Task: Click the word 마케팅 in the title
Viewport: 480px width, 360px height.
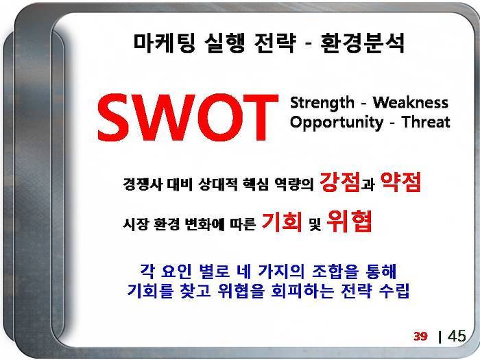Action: (x=165, y=43)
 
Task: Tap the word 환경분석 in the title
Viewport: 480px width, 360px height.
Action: (x=363, y=43)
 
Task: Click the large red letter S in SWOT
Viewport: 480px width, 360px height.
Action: (x=115, y=117)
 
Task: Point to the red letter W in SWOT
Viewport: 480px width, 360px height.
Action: (x=164, y=117)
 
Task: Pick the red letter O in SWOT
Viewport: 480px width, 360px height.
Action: (x=219, y=117)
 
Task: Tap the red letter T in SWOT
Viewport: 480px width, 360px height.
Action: (x=261, y=117)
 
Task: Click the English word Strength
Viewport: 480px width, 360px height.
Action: (x=322, y=103)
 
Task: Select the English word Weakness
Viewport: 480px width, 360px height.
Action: (x=411, y=102)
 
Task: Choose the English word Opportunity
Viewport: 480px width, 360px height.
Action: (x=337, y=123)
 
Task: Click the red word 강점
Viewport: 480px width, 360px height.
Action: (x=340, y=182)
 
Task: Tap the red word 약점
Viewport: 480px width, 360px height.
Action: (x=400, y=182)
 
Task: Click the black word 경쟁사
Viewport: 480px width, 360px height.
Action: (x=143, y=184)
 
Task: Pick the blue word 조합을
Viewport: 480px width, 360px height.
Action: (x=335, y=272)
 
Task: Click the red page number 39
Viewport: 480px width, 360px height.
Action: (x=420, y=336)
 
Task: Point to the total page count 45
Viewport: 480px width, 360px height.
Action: (x=457, y=336)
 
